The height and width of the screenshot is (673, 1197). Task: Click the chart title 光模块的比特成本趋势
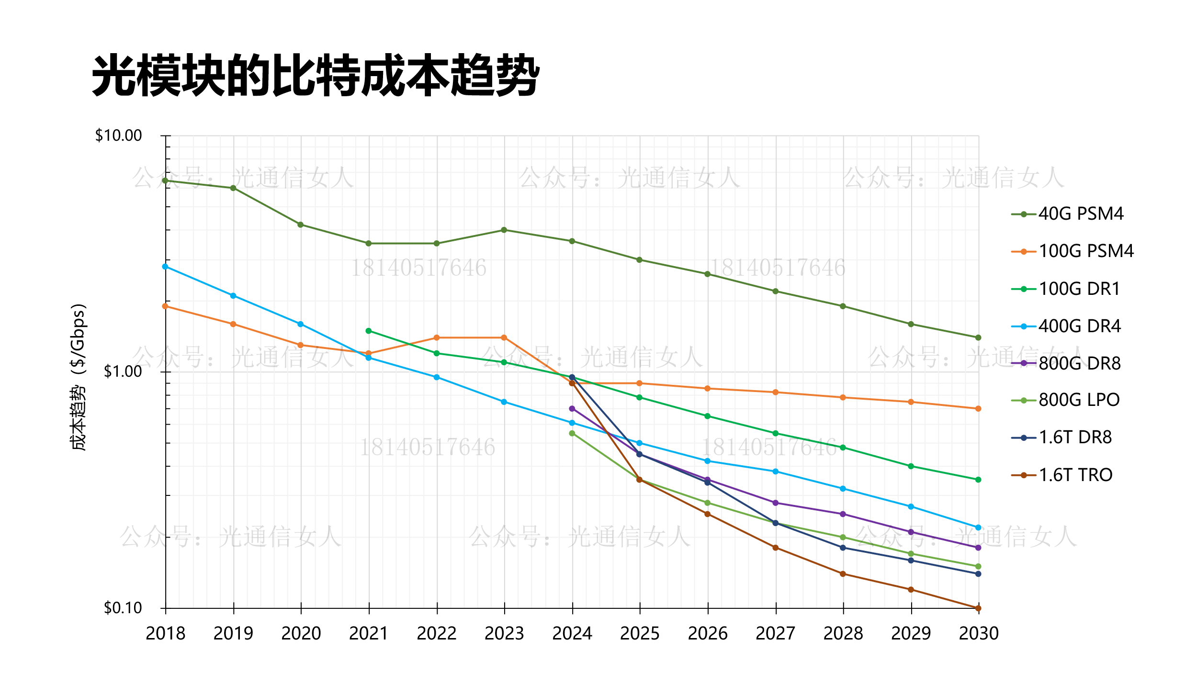316,76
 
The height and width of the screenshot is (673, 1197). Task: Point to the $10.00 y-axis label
119,136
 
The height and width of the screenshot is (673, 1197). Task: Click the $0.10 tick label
123,608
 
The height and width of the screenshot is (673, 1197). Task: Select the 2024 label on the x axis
572,634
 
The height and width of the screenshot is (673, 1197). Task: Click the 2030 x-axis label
979,634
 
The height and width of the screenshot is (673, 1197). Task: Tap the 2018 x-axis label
165,634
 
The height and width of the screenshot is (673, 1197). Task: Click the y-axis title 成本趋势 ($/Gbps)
78,377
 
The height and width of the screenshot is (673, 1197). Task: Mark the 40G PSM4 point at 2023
504,230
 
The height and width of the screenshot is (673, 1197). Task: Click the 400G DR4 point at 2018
165,267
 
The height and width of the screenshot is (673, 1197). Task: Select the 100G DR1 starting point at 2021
369,331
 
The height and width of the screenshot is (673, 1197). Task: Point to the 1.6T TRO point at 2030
978,608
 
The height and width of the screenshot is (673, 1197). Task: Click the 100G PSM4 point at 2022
437,338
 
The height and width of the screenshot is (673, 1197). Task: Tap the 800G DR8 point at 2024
572,409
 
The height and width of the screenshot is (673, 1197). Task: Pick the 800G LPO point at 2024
572,434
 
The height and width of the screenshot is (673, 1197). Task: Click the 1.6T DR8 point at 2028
843,548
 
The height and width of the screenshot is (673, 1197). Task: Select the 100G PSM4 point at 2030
978,409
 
